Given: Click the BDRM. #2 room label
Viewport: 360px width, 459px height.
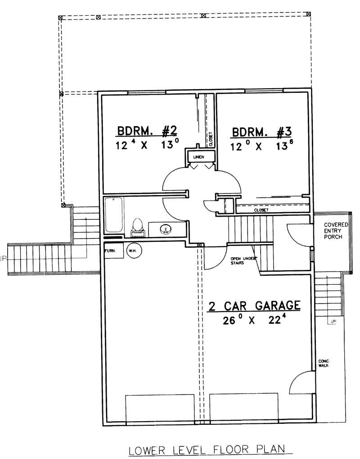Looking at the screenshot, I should (147, 131).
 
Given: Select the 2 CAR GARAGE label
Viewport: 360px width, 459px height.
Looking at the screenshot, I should (254, 306).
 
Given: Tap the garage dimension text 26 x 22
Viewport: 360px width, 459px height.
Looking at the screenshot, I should (254, 320).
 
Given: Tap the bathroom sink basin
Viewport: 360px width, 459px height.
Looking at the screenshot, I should (166, 229).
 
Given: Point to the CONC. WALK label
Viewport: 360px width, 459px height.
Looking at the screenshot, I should (324, 363).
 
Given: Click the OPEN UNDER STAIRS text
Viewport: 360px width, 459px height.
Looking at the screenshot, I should (243, 260).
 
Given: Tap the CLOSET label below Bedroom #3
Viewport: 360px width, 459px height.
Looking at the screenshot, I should (261, 210).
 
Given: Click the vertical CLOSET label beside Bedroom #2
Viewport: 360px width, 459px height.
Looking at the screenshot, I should (210, 139).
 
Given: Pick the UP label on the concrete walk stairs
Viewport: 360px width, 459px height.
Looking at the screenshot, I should (333, 322).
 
